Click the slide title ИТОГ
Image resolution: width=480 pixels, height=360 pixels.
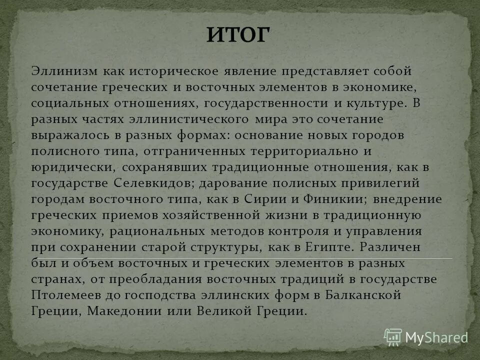tap(238, 36)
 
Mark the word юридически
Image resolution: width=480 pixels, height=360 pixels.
tap(61, 167)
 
